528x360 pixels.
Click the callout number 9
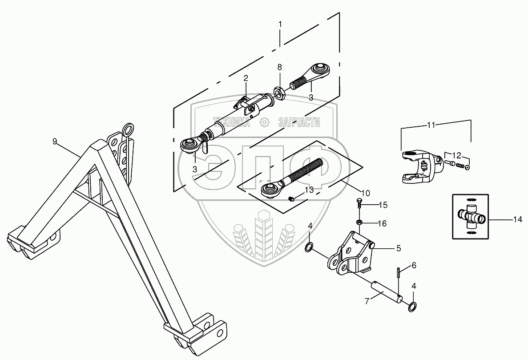[x=55, y=142]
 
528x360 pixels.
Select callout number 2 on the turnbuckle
[x=245, y=78]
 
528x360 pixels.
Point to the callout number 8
[x=279, y=68]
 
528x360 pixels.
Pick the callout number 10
[x=365, y=193]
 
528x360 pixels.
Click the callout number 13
[x=309, y=190]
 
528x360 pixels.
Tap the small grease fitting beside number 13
[x=291, y=198]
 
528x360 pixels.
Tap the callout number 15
[x=383, y=205]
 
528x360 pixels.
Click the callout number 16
[x=383, y=223]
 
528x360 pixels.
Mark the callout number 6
[x=414, y=266]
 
